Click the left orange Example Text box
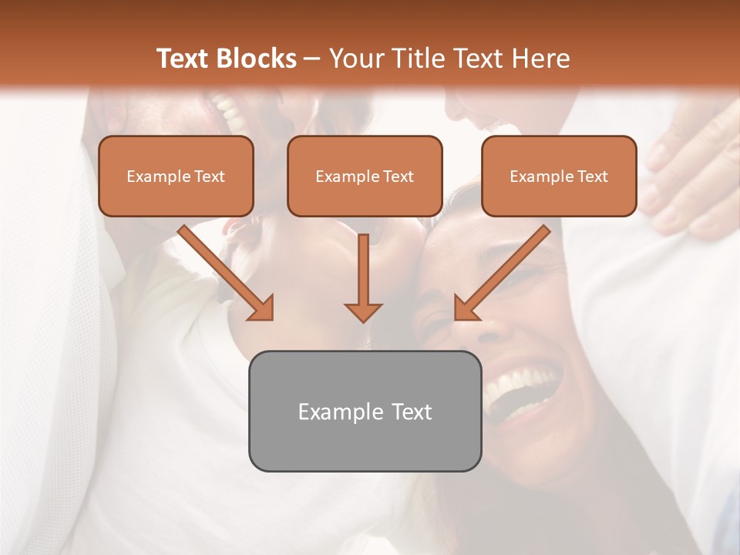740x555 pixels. click(x=176, y=176)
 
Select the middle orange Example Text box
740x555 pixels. click(x=365, y=176)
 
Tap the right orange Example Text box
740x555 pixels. click(x=559, y=176)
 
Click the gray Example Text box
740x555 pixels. click(x=365, y=411)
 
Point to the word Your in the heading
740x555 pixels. click(x=355, y=59)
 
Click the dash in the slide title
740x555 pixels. click(x=313, y=59)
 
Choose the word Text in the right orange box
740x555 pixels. click(x=592, y=176)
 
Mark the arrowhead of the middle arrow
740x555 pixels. click(x=363, y=311)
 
